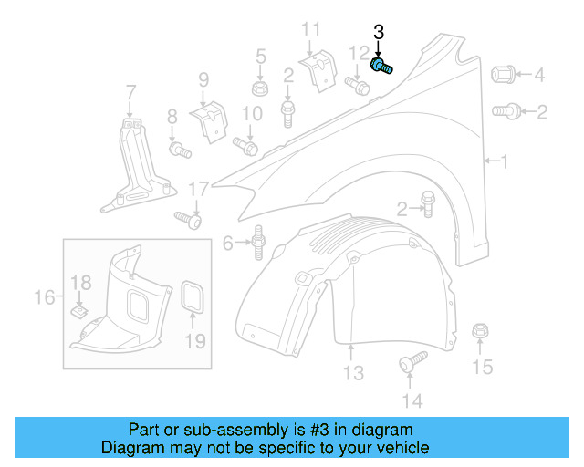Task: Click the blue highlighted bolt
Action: pos(381,67)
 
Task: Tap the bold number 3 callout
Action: pos(379,32)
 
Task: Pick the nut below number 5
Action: pos(260,89)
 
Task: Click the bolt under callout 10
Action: pos(247,145)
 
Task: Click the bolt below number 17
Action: pos(187,219)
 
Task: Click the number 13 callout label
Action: pos(353,373)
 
